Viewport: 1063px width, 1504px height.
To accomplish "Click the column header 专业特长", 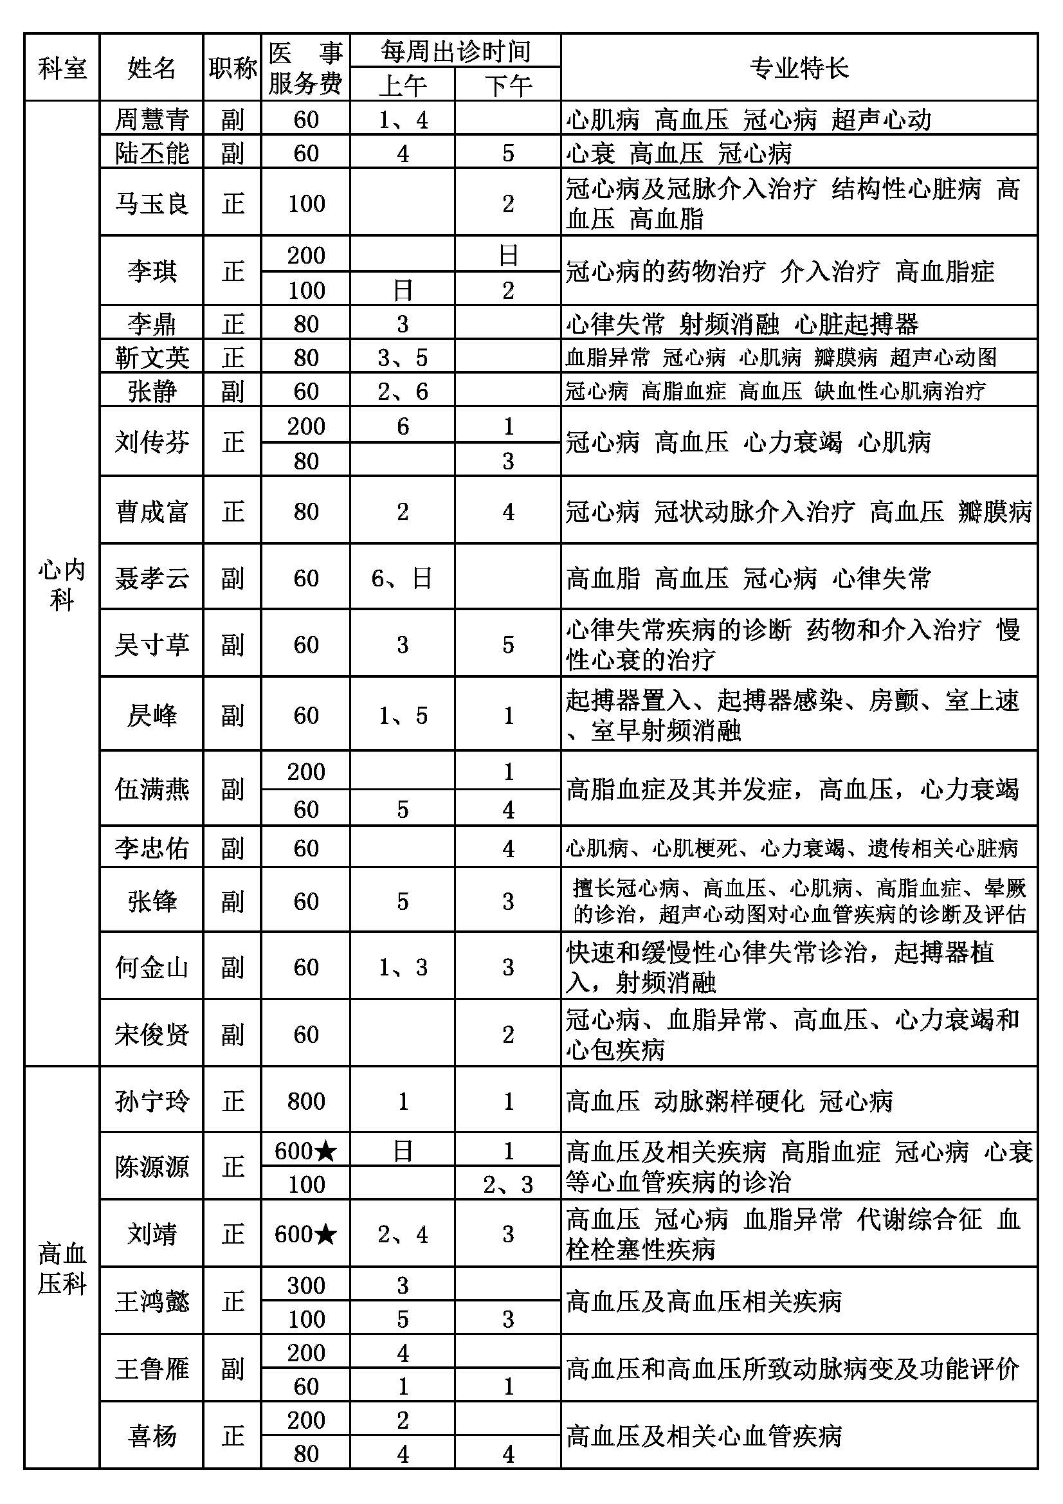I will click(x=799, y=68).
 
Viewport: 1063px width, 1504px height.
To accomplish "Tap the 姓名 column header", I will click(x=151, y=68).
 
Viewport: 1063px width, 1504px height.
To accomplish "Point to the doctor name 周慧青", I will click(x=151, y=119).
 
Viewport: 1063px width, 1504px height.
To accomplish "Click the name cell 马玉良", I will click(x=151, y=203).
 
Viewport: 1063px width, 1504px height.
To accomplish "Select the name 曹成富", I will click(x=151, y=511).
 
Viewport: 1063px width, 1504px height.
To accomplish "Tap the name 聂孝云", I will click(x=151, y=578).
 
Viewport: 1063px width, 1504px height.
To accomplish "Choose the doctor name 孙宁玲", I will click(x=151, y=1100).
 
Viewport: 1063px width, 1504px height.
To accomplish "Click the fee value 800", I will click(x=306, y=1100).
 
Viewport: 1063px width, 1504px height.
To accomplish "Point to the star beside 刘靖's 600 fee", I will click(x=325, y=1235).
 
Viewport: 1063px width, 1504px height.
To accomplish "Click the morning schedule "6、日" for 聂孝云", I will click(x=402, y=578).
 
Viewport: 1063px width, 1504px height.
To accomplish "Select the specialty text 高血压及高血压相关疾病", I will click(x=704, y=1301).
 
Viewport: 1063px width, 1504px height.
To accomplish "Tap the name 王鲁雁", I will click(x=151, y=1368).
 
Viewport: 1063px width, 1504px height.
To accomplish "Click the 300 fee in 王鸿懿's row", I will click(x=306, y=1285).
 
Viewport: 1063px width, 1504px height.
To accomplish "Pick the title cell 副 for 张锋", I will click(x=233, y=901).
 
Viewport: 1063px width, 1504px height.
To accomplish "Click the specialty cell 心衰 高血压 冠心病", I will click(x=678, y=153).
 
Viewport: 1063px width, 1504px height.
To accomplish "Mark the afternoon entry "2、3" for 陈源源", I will click(x=507, y=1184).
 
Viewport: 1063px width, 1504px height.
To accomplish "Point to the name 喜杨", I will click(x=151, y=1436).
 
